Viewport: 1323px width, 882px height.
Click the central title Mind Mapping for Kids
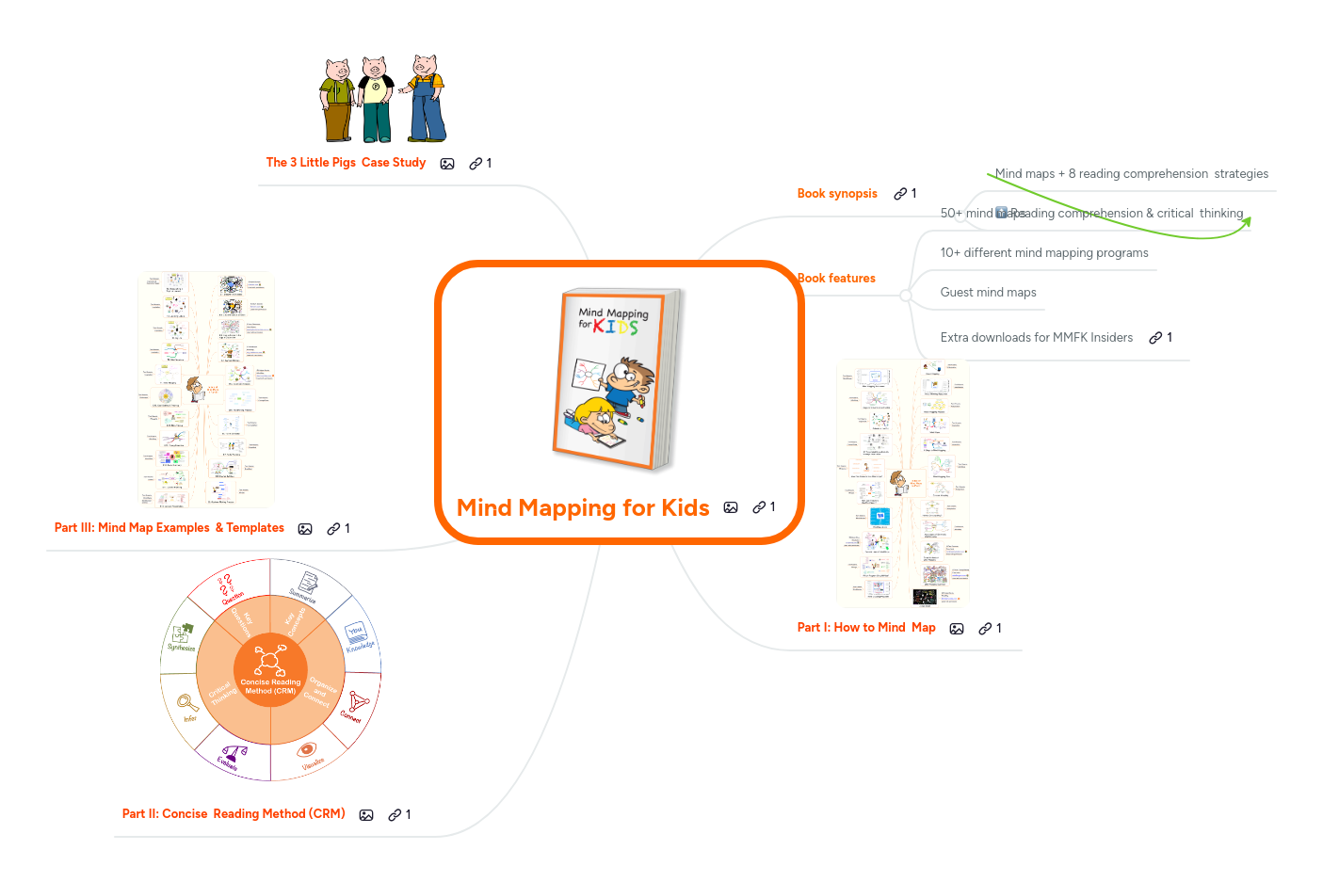pyautogui.click(x=583, y=508)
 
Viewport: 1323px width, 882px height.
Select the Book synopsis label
pyautogui.click(x=837, y=194)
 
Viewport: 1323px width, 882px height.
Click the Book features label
pyautogui.click(x=837, y=279)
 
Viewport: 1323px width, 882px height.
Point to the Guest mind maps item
pyautogui.click(x=988, y=293)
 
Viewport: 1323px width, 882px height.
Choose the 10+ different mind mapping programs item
pyautogui.click(x=1043, y=253)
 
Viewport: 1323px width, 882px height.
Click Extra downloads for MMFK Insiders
pyautogui.click(x=1036, y=338)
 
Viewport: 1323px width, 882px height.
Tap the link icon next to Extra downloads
pyautogui.click(x=1155, y=338)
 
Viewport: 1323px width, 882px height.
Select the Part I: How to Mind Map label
pyautogui.click(x=866, y=628)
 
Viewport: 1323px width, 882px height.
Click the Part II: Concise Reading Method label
pyautogui.click(x=234, y=814)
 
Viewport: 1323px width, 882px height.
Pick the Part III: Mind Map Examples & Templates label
pyautogui.click(x=169, y=528)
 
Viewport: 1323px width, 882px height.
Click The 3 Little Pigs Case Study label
pyautogui.click(x=346, y=163)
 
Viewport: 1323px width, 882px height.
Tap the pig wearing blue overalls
pyautogui.click(x=427, y=99)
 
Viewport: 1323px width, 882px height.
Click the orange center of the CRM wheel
pyautogui.click(x=270, y=669)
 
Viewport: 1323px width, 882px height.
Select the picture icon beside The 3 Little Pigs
pyautogui.click(x=447, y=164)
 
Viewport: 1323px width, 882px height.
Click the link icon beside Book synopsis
pyautogui.click(x=900, y=194)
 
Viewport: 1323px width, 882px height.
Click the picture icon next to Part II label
pyautogui.click(x=366, y=815)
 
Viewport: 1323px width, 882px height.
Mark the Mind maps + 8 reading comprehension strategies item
pyautogui.click(x=1131, y=174)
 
